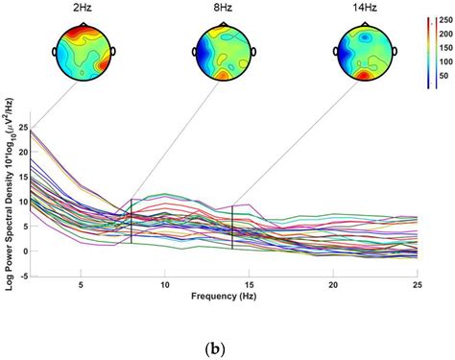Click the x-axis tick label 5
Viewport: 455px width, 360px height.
tap(82, 285)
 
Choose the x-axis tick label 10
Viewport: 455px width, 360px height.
tap(165, 285)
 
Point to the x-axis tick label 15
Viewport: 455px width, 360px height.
tap(250, 285)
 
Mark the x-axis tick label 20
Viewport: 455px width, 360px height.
tap(333, 285)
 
